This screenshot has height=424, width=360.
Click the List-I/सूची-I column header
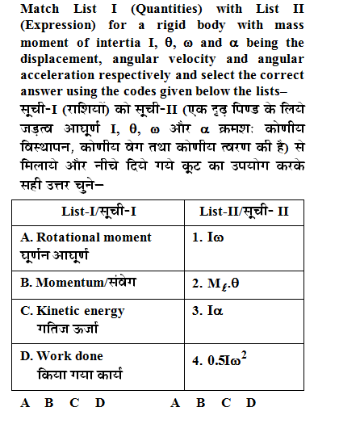pos(99,211)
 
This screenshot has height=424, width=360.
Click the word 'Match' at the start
pos(39,10)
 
